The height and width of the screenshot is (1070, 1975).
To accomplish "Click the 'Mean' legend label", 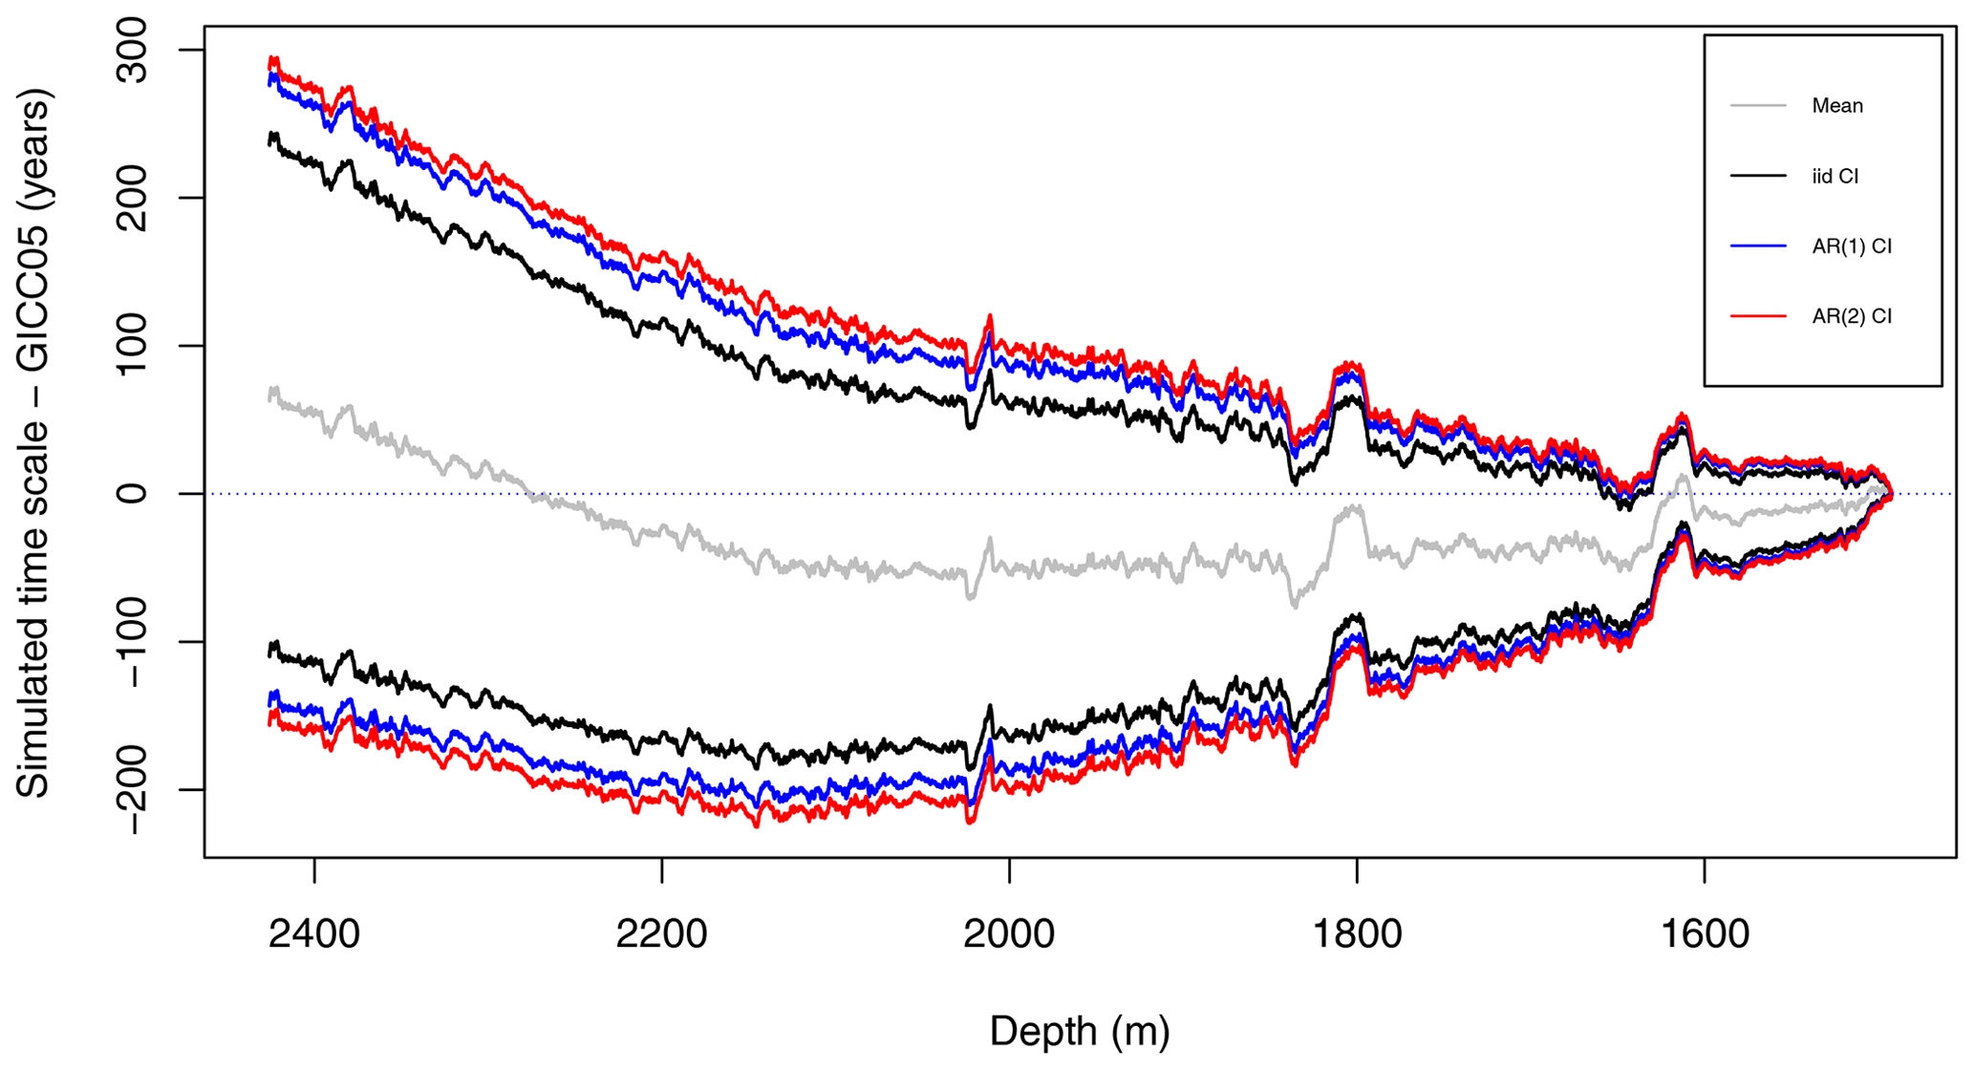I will (x=1836, y=106).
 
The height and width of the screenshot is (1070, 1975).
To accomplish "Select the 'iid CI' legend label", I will (x=1835, y=177).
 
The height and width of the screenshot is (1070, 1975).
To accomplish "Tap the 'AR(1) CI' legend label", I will (x=1851, y=246).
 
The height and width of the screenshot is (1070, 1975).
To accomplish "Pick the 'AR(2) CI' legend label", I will (x=1851, y=317).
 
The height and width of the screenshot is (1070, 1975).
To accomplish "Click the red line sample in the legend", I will (x=1758, y=316).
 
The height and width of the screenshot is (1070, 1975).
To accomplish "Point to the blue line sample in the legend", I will (x=1758, y=246).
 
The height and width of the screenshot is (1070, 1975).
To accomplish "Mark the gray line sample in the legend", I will (x=1758, y=105).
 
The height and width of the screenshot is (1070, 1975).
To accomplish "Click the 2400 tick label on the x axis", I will (x=314, y=933).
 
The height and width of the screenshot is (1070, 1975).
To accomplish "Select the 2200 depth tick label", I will (x=661, y=933).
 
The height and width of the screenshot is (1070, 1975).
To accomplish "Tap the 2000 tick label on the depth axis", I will (x=1009, y=933).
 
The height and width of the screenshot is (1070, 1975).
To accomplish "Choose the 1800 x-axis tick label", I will (x=1357, y=933).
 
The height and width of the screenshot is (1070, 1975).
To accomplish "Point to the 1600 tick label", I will (x=1704, y=933).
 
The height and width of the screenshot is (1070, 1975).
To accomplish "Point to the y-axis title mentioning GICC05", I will (x=34, y=444).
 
